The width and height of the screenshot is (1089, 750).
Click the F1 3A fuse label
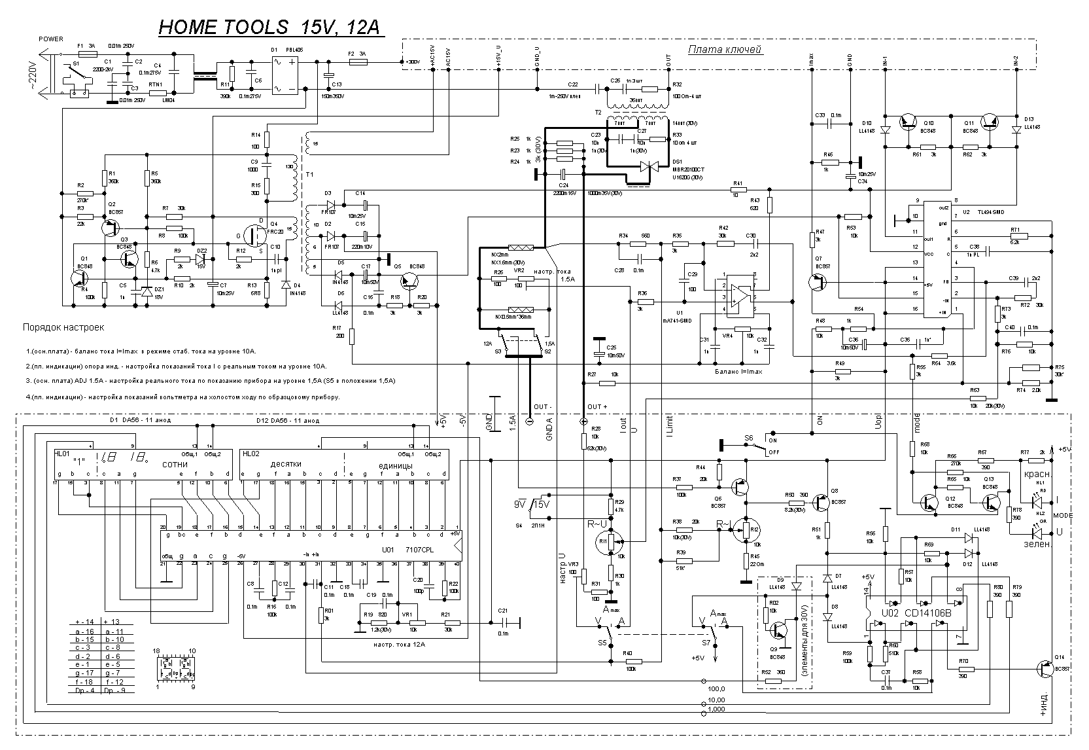pyautogui.click(x=86, y=45)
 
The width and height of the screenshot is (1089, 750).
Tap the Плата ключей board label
pyautogui.click(x=726, y=49)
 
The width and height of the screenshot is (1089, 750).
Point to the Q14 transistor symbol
pyautogui.click(x=1045, y=668)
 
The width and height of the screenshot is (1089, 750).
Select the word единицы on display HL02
pyautogui.click(x=396, y=465)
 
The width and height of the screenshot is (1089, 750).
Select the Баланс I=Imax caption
pyautogui.click(x=740, y=371)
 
